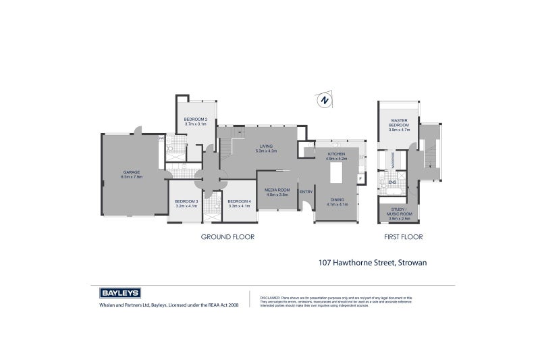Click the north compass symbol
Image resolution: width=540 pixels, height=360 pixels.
pyautogui.click(x=325, y=101)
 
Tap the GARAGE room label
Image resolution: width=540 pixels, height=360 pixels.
pyautogui.click(x=131, y=172)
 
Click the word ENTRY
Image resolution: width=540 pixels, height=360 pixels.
pyautogui.click(x=306, y=192)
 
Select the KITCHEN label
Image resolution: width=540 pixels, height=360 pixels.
pyautogui.click(x=336, y=154)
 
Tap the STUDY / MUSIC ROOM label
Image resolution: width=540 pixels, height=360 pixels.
pyautogui.click(x=400, y=212)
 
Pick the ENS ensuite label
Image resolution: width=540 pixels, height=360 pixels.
pyautogui.click(x=391, y=182)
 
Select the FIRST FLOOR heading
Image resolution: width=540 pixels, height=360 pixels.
pyautogui.click(x=403, y=237)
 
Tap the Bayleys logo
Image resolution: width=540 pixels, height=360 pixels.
pyautogui.click(x=119, y=293)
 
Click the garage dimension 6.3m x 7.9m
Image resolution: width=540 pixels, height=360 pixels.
pyautogui.click(x=132, y=177)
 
